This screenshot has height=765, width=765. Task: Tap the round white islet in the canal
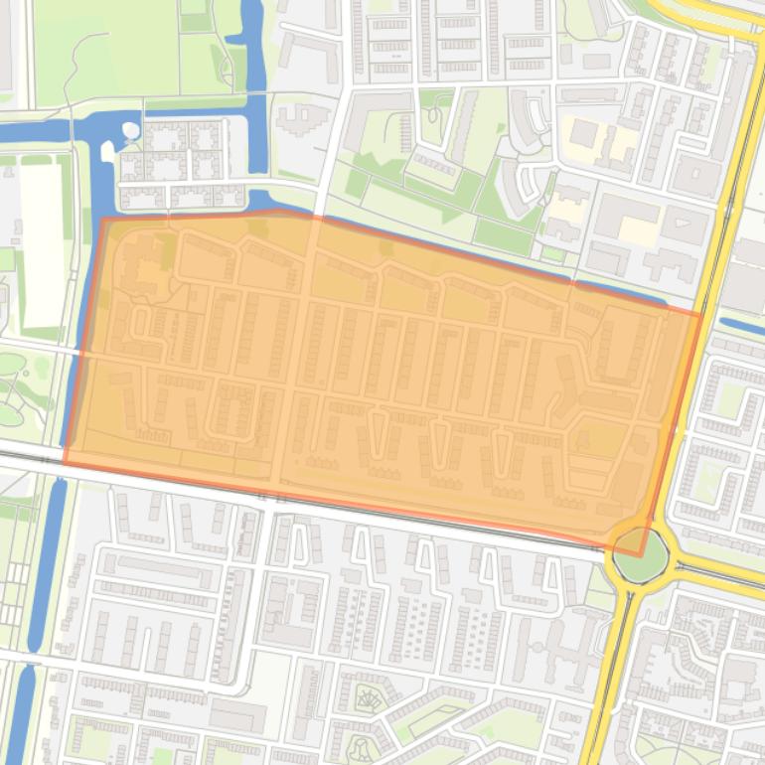tap(131, 129)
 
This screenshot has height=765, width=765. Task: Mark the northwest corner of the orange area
tap(103, 220)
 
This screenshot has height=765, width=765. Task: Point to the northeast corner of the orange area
tap(700, 315)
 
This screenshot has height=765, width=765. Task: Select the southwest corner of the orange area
tap(66, 463)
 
